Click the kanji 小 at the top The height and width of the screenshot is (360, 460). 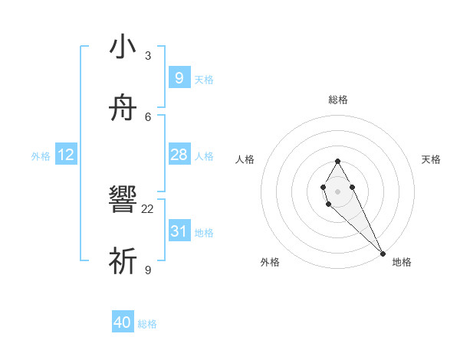tap(123, 47)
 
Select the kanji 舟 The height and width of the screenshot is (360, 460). tap(123, 110)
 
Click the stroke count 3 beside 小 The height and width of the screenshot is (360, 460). tap(148, 56)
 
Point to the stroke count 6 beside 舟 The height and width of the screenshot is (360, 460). tap(148, 116)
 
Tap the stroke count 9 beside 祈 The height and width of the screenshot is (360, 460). tap(148, 270)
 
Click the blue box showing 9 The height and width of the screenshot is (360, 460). tap(179, 78)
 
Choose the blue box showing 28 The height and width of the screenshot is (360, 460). tap(179, 155)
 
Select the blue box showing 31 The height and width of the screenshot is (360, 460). tap(179, 231)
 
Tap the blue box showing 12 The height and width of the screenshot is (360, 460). tap(66, 155)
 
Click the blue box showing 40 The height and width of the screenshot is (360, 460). tap(123, 323)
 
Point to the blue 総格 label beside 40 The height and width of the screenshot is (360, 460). tap(147, 324)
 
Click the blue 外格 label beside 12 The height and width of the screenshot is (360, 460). tap(41, 156)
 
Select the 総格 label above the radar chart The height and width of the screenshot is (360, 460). tap(337, 100)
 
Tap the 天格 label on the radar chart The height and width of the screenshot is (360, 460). tap(431, 159)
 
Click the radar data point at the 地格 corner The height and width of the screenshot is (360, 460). tap(383, 254)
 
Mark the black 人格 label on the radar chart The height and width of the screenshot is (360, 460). tap(245, 159)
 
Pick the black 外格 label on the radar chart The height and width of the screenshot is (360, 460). tap(270, 262)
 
